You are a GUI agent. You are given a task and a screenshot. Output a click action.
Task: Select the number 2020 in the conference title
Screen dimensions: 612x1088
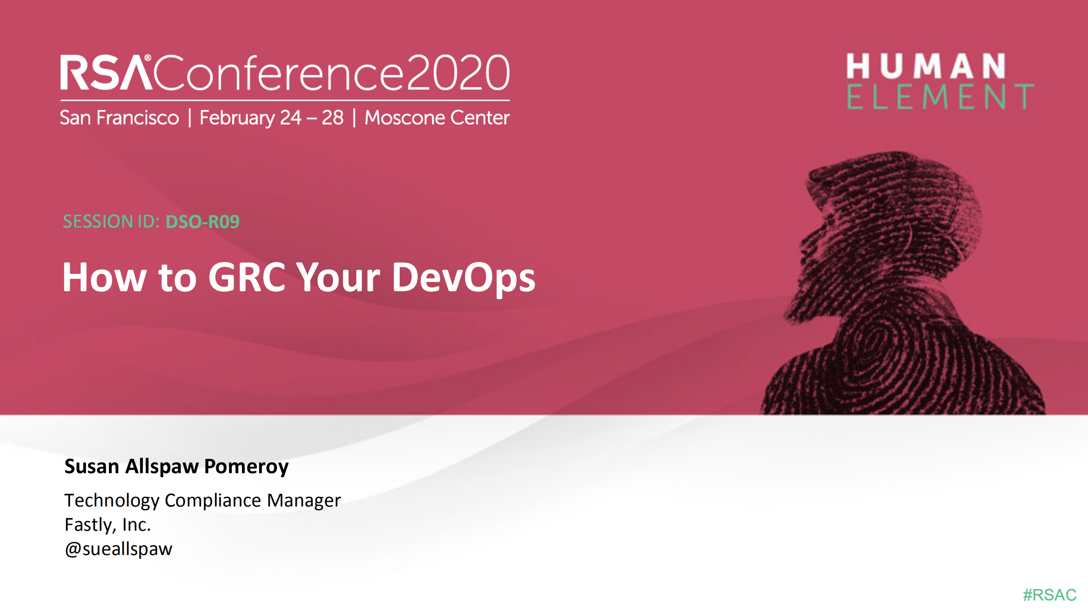pyautogui.click(x=458, y=73)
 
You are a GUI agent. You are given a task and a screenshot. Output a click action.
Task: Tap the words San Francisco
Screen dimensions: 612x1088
pyautogui.click(x=119, y=118)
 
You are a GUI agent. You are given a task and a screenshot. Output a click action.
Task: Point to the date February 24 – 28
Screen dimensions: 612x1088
pyautogui.click(x=271, y=118)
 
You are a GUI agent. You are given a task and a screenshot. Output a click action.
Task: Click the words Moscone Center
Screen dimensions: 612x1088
pyautogui.click(x=437, y=118)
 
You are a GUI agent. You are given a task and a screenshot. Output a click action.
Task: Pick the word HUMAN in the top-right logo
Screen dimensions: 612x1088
pyautogui.click(x=926, y=66)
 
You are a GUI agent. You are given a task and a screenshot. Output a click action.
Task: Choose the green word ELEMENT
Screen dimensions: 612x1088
pyautogui.click(x=940, y=97)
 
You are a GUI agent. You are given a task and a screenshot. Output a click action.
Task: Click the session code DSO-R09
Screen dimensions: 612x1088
pyautogui.click(x=202, y=222)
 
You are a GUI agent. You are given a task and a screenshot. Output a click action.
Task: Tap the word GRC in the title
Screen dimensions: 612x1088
pyautogui.click(x=247, y=277)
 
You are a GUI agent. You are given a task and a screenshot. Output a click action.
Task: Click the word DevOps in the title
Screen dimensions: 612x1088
pyautogui.click(x=463, y=278)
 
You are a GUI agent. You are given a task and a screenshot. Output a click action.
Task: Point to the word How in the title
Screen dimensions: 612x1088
pyautogui.click(x=105, y=277)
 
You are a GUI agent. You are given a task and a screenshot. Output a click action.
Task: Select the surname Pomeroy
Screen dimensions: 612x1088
pyautogui.click(x=246, y=467)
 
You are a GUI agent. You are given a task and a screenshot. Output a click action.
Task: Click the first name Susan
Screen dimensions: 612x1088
pyautogui.click(x=91, y=467)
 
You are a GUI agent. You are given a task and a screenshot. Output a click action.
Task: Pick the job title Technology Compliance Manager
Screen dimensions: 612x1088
pyautogui.click(x=202, y=501)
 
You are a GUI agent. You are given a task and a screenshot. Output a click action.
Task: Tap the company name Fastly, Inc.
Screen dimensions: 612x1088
pyautogui.click(x=108, y=525)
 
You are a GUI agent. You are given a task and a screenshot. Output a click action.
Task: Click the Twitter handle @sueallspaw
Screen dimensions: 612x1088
pyautogui.click(x=119, y=549)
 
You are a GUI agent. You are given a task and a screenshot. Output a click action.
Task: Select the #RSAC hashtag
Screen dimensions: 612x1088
pyautogui.click(x=1049, y=595)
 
